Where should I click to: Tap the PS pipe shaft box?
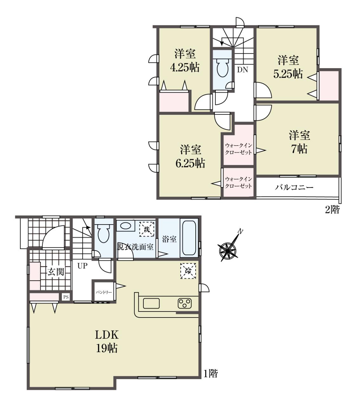66,297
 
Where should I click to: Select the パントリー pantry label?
104,292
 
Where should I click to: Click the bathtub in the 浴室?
189,238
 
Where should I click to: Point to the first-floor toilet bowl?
103,232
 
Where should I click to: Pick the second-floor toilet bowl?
222,67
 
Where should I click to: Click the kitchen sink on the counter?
151,304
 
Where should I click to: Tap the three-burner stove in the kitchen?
185,304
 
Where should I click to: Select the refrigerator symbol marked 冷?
188,271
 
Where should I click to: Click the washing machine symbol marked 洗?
147,229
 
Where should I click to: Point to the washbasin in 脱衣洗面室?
125,226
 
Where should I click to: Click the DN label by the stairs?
243,70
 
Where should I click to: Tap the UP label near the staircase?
82,266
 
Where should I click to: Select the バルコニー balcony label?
294,187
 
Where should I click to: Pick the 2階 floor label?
332,210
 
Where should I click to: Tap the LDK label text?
107,335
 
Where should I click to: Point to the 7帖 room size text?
299,149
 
